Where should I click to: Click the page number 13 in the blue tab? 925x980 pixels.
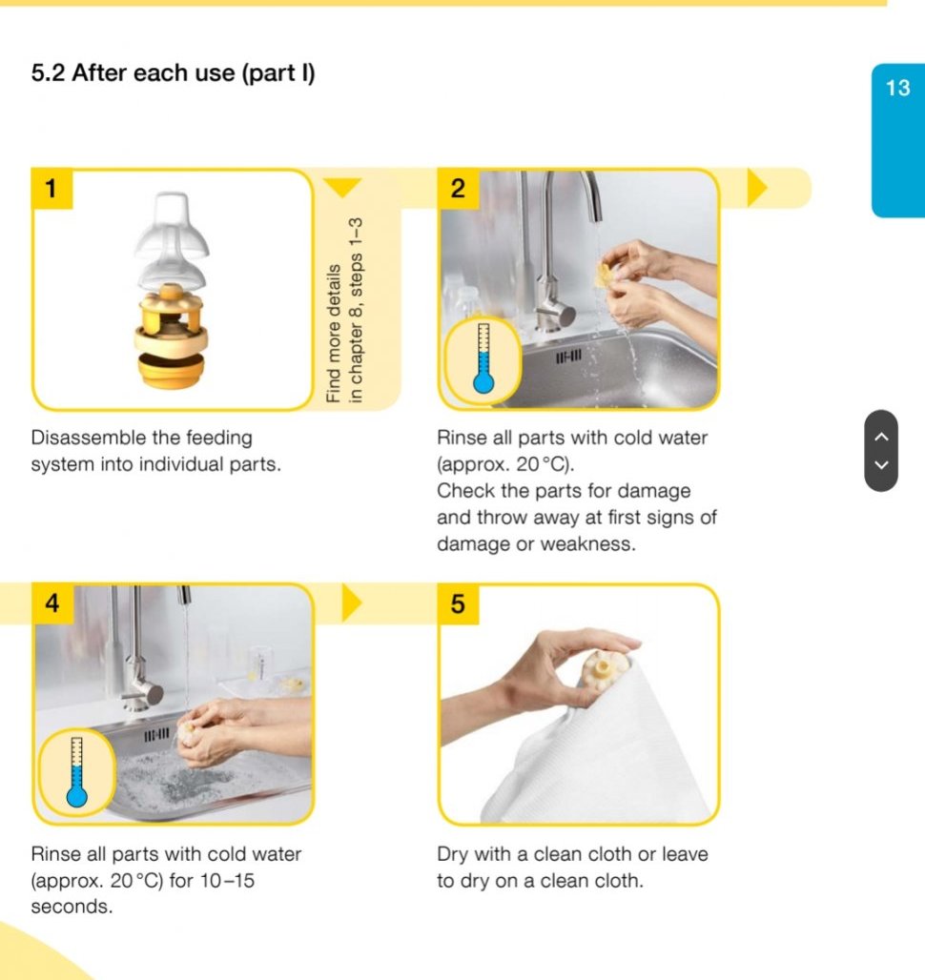(897, 88)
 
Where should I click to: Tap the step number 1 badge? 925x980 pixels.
(51, 188)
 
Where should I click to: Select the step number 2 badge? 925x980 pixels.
(458, 188)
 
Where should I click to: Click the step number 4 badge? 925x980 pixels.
(52, 603)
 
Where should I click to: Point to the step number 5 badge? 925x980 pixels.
(458, 603)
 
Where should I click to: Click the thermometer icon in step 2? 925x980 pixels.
(483, 358)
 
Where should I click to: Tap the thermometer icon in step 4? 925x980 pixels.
(77, 772)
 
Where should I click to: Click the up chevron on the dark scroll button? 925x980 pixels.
(881, 437)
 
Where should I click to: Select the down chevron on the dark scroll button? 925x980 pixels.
(881, 465)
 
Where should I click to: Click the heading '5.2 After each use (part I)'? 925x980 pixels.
(174, 73)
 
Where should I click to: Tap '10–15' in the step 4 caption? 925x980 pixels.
(227, 881)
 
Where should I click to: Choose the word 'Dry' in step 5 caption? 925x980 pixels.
(453, 854)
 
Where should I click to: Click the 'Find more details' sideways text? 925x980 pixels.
(334, 334)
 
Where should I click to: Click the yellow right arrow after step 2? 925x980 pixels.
(757, 188)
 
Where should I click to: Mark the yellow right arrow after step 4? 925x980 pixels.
(352, 603)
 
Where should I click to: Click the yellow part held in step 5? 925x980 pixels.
(601, 670)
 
